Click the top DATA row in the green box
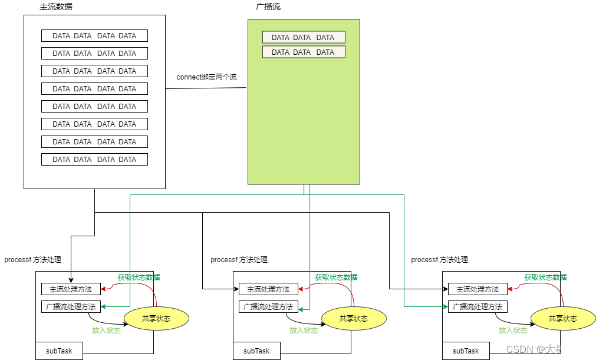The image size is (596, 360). pyautogui.click(x=304, y=37)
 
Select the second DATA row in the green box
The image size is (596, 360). pyautogui.click(x=304, y=52)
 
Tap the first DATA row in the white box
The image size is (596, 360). pyautogui.click(x=94, y=36)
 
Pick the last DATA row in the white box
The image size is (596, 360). pyautogui.click(x=94, y=160)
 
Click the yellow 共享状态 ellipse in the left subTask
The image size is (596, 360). pyautogui.click(x=156, y=318)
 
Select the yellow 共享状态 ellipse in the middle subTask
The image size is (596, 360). pyautogui.click(x=354, y=318)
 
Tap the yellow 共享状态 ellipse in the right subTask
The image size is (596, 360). pyautogui.click(x=563, y=318)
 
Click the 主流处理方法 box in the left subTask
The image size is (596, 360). pyautogui.click(x=71, y=289)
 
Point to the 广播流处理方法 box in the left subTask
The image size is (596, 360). pyautogui.click(x=71, y=307)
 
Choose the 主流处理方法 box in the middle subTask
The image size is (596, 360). pyautogui.click(x=268, y=289)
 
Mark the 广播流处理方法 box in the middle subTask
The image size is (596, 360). pyautogui.click(x=268, y=307)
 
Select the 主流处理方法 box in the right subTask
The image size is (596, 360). pyautogui.click(x=478, y=289)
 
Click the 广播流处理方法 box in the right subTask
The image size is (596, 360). pyautogui.click(x=478, y=307)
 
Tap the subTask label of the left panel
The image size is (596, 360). pyautogui.click(x=59, y=351)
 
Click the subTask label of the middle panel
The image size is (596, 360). pyautogui.click(x=256, y=351)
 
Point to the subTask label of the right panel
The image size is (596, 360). pyautogui.click(x=466, y=351)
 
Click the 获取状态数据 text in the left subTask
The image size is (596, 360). pyautogui.click(x=139, y=277)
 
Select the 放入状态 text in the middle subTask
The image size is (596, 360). pyautogui.click(x=304, y=331)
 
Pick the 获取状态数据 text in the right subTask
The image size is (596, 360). pyautogui.click(x=545, y=277)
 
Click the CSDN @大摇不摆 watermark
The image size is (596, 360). pyautogui.click(x=546, y=349)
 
